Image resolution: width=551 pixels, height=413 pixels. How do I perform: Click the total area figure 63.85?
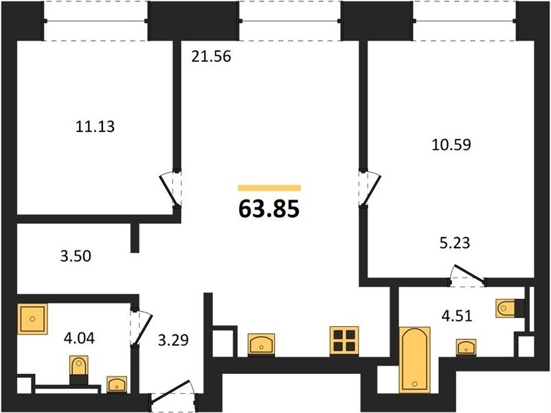269,209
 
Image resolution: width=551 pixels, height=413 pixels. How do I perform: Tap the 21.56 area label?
211,56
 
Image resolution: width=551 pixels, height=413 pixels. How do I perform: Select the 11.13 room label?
95,127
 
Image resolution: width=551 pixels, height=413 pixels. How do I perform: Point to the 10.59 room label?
451,145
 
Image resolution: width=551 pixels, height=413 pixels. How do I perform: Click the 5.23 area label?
455,243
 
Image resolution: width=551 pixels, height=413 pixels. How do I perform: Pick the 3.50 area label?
76,256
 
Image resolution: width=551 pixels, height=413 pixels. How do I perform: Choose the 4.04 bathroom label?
80,339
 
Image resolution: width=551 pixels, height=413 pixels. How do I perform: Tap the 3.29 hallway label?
173,340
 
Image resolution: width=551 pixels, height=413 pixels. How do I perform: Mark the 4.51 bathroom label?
457,315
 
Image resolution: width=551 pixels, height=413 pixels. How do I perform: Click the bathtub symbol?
415,359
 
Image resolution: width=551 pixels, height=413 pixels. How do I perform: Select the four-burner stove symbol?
344,341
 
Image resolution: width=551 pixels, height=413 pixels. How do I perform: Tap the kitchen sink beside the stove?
262,344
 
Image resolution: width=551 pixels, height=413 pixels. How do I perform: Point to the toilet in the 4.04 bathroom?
79,370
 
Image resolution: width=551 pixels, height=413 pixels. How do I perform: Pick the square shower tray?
32,319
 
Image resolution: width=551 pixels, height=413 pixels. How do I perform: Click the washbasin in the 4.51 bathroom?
466,346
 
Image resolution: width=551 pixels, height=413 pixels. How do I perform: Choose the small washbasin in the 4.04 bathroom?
117,384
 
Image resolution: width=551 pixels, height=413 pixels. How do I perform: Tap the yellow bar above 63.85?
269,188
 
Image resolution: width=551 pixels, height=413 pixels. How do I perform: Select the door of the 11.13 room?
168,190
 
